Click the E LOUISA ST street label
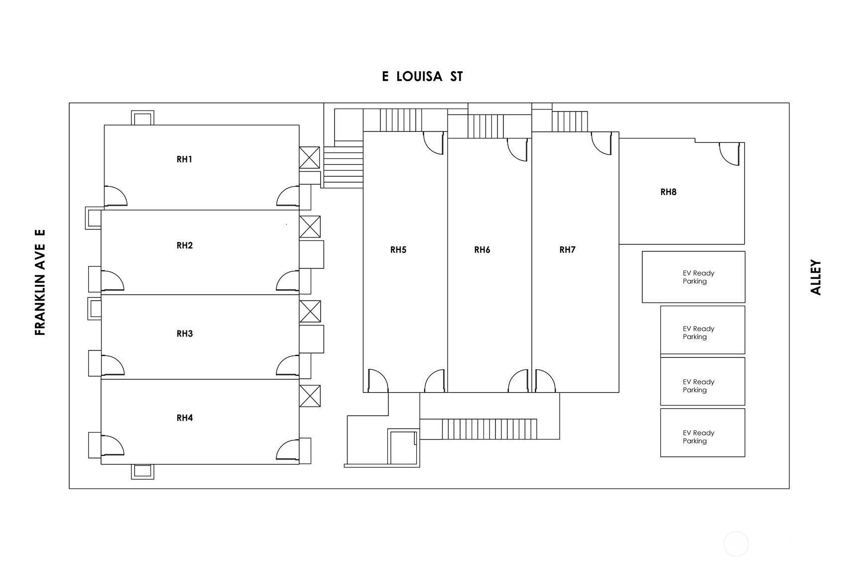point(422,77)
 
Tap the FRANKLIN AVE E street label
point(40,282)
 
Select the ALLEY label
point(816,277)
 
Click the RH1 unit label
point(184,159)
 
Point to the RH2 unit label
point(184,245)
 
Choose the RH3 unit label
point(184,334)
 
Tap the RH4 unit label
point(184,418)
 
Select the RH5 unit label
point(398,249)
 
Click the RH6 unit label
point(482,249)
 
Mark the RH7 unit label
point(567,249)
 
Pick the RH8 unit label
point(668,192)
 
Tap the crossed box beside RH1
point(309,158)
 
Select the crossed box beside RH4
point(310,396)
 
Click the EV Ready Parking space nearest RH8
point(693,277)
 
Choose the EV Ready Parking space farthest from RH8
point(703,433)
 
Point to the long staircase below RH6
point(489,429)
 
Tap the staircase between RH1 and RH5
point(343,167)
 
